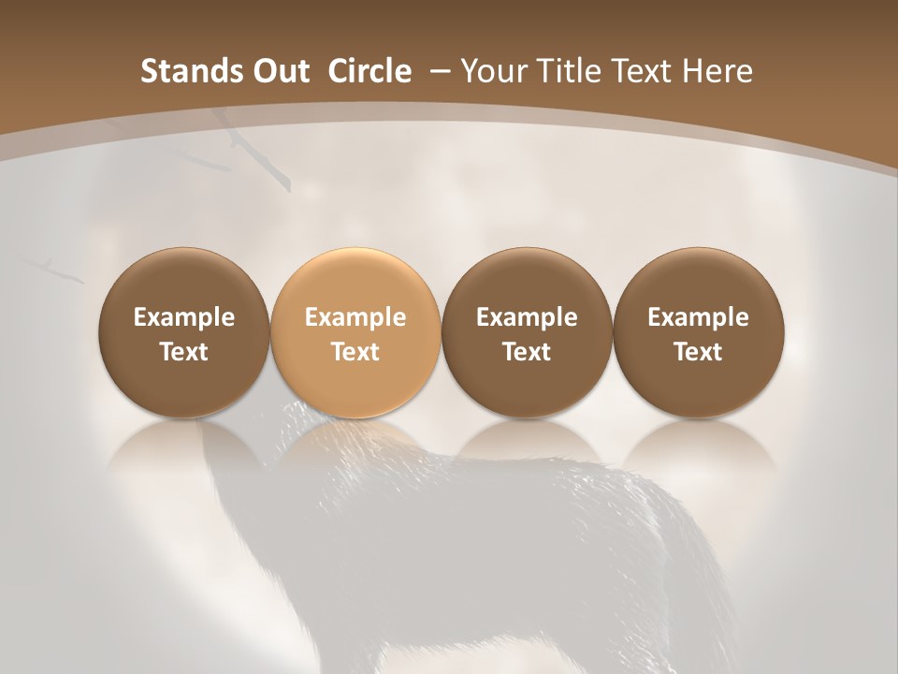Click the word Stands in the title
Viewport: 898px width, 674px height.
click(181, 71)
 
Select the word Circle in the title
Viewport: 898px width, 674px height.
click(369, 71)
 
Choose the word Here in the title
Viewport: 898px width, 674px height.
click(718, 71)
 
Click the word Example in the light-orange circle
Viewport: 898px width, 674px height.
click(355, 317)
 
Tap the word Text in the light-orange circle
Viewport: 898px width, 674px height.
click(355, 352)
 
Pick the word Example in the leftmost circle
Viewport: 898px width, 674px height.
click(183, 317)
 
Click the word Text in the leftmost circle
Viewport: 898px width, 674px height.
click(183, 352)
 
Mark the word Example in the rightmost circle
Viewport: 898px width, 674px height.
click(698, 317)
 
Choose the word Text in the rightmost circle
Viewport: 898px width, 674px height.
click(698, 352)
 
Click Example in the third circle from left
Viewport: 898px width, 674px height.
click(527, 317)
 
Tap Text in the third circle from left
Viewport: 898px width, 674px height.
click(527, 352)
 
